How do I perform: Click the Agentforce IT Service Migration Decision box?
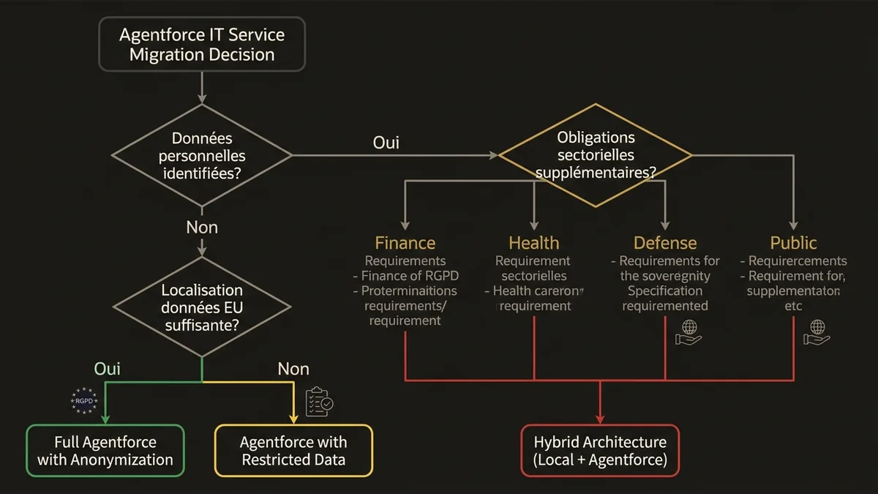coord(201,45)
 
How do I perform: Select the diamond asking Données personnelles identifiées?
coord(201,155)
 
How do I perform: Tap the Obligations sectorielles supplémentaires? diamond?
coord(596,155)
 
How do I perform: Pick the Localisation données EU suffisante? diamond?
coord(201,307)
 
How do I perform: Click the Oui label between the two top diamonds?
coord(386,143)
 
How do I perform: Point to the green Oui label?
coord(108,369)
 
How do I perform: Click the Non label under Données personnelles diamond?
coord(202,228)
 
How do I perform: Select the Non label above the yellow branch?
coord(293,369)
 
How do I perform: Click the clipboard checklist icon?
coord(318,402)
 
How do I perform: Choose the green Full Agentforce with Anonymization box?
coord(105,451)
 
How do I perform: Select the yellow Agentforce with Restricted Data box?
coord(293,451)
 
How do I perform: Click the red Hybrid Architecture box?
coord(600,451)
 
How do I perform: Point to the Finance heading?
coord(405,243)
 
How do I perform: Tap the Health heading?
coord(533,243)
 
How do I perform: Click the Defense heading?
coord(665,243)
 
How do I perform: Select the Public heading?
coord(793,243)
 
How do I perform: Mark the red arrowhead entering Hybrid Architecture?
coord(600,419)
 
